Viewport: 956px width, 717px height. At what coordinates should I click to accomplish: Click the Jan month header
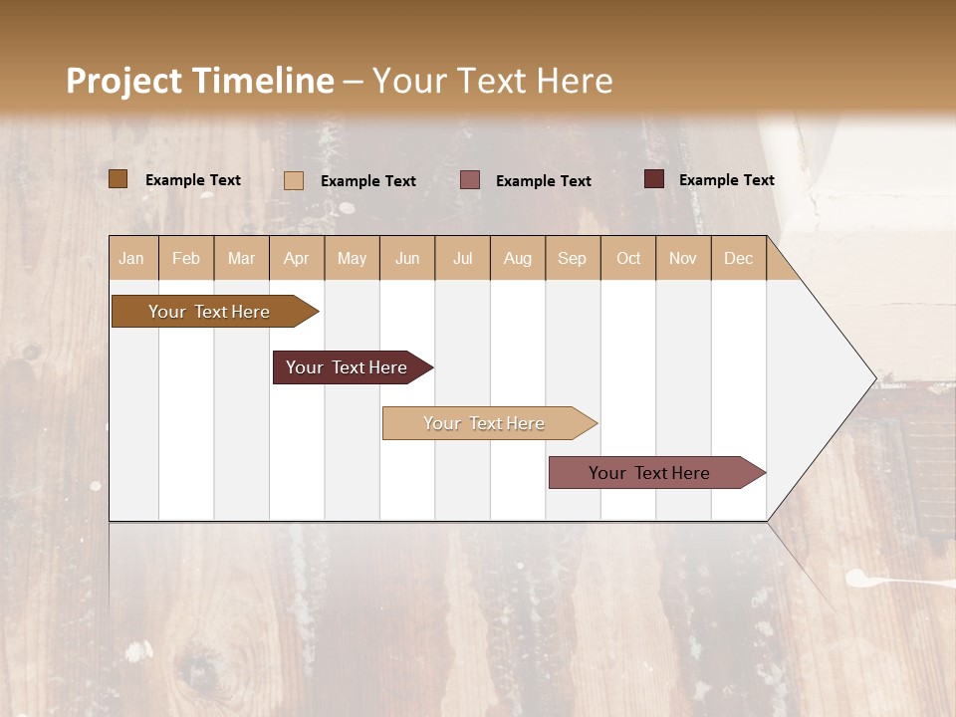pyautogui.click(x=132, y=258)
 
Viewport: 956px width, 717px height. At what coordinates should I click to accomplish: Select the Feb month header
pyautogui.click(x=186, y=258)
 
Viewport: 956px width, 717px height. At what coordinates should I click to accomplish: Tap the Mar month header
pyautogui.click(x=241, y=258)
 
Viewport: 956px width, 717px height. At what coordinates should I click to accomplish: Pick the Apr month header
pyautogui.click(x=297, y=258)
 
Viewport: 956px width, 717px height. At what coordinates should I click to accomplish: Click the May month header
pyautogui.click(x=352, y=258)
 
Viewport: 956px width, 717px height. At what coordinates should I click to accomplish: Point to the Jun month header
pyautogui.click(x=407, y=258)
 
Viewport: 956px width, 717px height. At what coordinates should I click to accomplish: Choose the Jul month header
pyautogui.click(x=462, y=258)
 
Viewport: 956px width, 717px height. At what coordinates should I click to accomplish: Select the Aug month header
pyautogui.click(x=518, y=258)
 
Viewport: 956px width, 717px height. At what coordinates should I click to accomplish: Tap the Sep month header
pyautogui.click(x=573, y=258)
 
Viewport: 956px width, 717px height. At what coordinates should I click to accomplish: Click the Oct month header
pyautogui.click(x=628, y=258)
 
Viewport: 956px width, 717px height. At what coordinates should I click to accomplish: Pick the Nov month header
pyautogui.click(x=683, y=258)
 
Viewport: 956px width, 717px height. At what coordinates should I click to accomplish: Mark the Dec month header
pyautogui.click(x=739, y=258)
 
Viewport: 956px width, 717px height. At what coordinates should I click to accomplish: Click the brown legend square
pyautogui.click(x=119, y=179)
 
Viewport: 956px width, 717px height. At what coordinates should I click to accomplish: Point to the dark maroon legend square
pyautogui.click(x=654, y=179)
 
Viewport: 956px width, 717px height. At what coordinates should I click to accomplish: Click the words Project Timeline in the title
pyautogui.click(x=200, y=81)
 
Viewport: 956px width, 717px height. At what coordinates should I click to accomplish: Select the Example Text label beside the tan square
pyautogui.click(x=368, y=181)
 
